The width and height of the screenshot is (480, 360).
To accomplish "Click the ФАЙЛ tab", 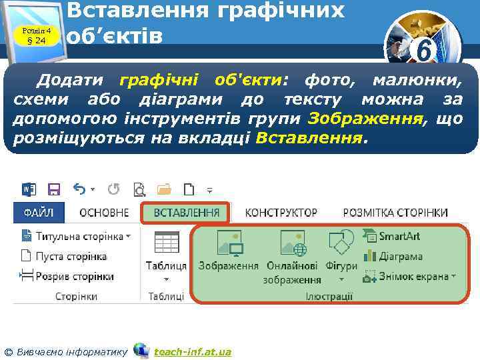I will [x=39, y=213].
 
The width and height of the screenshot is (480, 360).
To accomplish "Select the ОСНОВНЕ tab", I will [x=104, y=213].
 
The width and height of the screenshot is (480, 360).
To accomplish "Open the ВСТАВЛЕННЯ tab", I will [x=186, y=213].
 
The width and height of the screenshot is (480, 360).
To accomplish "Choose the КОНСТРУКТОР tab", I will [x=281, y=213].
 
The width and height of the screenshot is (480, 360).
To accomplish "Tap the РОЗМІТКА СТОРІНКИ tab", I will [x=395, y=213].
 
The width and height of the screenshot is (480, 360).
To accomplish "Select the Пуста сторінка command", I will [x=64, y=256].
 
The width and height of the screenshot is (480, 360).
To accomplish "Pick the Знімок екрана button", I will [x=409, y=276].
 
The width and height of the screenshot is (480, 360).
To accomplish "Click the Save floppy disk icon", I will [x=54, y=189].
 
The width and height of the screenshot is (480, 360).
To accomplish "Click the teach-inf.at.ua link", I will [x=193, y=351].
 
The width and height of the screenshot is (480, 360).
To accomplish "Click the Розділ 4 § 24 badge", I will [x=37, y=35].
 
